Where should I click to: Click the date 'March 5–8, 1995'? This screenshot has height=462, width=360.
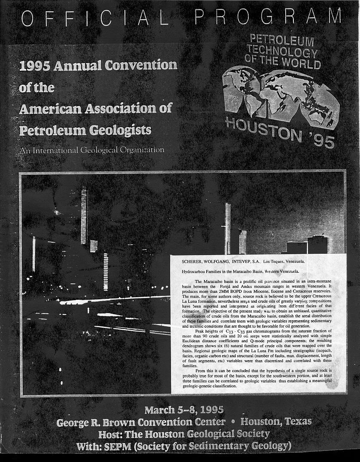[x=184, y=408]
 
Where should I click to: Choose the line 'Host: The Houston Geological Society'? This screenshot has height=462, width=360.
[x=184, y=433]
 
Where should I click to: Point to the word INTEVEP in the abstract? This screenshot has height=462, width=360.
[x=244, y=261]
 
